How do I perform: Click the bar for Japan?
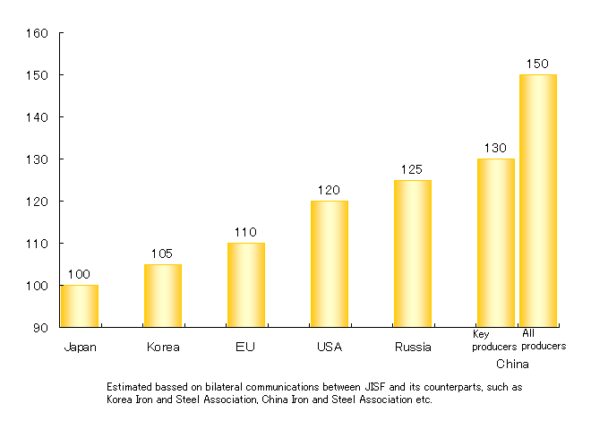pyautogui.click(x=79, y=306)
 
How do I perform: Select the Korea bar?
pyautogui.click(x=162, y=296)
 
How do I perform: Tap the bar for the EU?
pyautogui.click(x=245, y=285)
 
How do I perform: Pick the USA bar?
pyautogui.click(x=330, y=264)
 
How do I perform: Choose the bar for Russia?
pyautogui.click(x=413, y=253)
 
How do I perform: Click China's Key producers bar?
pyautogui.click(x=495, y=243)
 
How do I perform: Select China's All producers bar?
pyautogui.click(x=538, y=201)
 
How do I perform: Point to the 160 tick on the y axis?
pyautogui.click(x=37, y=33)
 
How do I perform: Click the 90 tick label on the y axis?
pyautogui.click(x=40, y=328)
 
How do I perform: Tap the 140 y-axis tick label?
pyautogui.click(x=37, y=117)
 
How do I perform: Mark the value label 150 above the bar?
pyautogui.click(x=538, y=64)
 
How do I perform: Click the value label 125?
pyautogui.click(x=413, y=169)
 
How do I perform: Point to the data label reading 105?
pyautogui.click(x=162, y=253)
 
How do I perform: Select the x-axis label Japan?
pyautogui.click(x=79, y=347)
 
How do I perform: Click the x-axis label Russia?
pyautogui.click(x=413, y=347)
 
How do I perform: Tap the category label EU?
pyautogui.click(x=245, y=347)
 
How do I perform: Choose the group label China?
pyautogui.click(x=512, y=365)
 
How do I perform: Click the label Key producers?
pyautogui.click(x=494, y=340)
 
